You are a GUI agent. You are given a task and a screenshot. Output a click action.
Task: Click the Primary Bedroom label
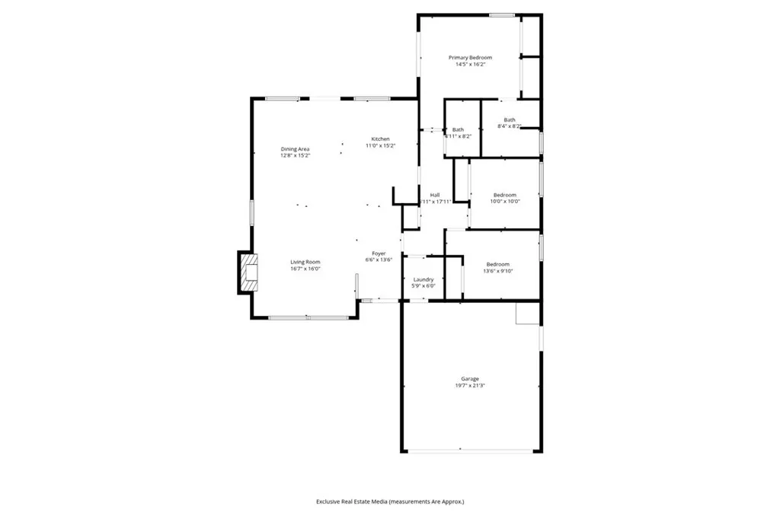(470, 58)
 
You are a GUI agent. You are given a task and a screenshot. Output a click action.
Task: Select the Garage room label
(470, 378)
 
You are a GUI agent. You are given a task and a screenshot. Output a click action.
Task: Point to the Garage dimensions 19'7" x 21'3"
(470, 386)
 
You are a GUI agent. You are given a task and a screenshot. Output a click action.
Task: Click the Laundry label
(424, 279)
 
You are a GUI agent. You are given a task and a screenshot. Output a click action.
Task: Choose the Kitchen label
(380, 139)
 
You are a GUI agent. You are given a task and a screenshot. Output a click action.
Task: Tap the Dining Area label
(295, 148)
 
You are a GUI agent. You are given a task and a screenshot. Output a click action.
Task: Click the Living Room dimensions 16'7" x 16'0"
(305, 269)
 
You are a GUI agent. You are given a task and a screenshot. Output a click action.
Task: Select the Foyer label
(379, 253)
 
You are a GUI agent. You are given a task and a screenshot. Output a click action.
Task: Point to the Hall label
(435, 195)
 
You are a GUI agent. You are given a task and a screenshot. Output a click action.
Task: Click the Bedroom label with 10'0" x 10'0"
(503, 195)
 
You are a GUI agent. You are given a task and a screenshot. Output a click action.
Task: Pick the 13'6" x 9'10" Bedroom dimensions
(498, 271)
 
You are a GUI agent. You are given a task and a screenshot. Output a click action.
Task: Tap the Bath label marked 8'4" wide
(509, 119)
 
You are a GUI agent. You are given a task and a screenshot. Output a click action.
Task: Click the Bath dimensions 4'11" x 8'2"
(458, 136)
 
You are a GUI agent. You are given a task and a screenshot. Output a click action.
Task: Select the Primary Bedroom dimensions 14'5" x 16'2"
(470, 65)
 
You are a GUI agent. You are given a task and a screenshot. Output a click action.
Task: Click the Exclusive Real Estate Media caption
(390, 501)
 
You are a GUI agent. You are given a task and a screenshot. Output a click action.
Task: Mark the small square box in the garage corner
(527, 313)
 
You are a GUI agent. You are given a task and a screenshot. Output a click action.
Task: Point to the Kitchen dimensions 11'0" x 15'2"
(380, 145)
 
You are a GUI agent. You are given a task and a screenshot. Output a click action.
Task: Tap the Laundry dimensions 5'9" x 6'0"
(424, 286)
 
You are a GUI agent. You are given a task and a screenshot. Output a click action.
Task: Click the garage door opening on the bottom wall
(470, 451)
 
